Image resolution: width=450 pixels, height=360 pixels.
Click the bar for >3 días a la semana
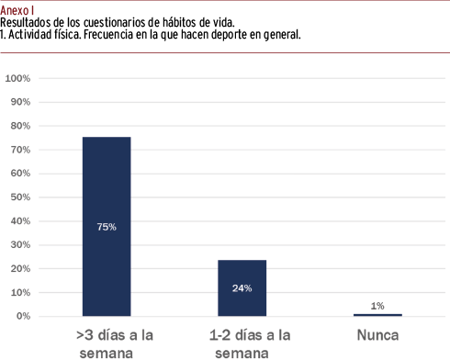(x=107, y=226)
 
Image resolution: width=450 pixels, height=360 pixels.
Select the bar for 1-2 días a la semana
(x=242, y=287)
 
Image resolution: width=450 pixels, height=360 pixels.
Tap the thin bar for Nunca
(x=377, y=315)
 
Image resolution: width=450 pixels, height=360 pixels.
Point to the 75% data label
(x=107, y=227)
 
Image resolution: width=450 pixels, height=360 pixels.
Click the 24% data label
(x=242, y=288)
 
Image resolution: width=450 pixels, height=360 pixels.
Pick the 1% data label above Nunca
(x=377, y=306)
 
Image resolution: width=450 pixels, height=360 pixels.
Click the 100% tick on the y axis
(x=17, y=78)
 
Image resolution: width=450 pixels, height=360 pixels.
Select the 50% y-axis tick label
(x=20, y=197)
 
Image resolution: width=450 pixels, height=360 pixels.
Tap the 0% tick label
(x=23, y=316)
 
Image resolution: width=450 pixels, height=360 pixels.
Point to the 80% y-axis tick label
(x=20, y=126)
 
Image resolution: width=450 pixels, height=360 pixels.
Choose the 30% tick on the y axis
(x=20, y=244)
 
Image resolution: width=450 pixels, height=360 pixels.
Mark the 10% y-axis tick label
(x=20, y=292)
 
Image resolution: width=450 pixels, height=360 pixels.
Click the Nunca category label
(x=377, y=335)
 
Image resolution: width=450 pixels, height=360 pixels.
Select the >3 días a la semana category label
(x=115, y=344)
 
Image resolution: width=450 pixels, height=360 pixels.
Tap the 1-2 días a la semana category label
(x=250, y=344)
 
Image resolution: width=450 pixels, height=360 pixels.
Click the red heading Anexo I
(x=17, y=11)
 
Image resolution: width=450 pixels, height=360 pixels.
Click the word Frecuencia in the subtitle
(x=108, y=34)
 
